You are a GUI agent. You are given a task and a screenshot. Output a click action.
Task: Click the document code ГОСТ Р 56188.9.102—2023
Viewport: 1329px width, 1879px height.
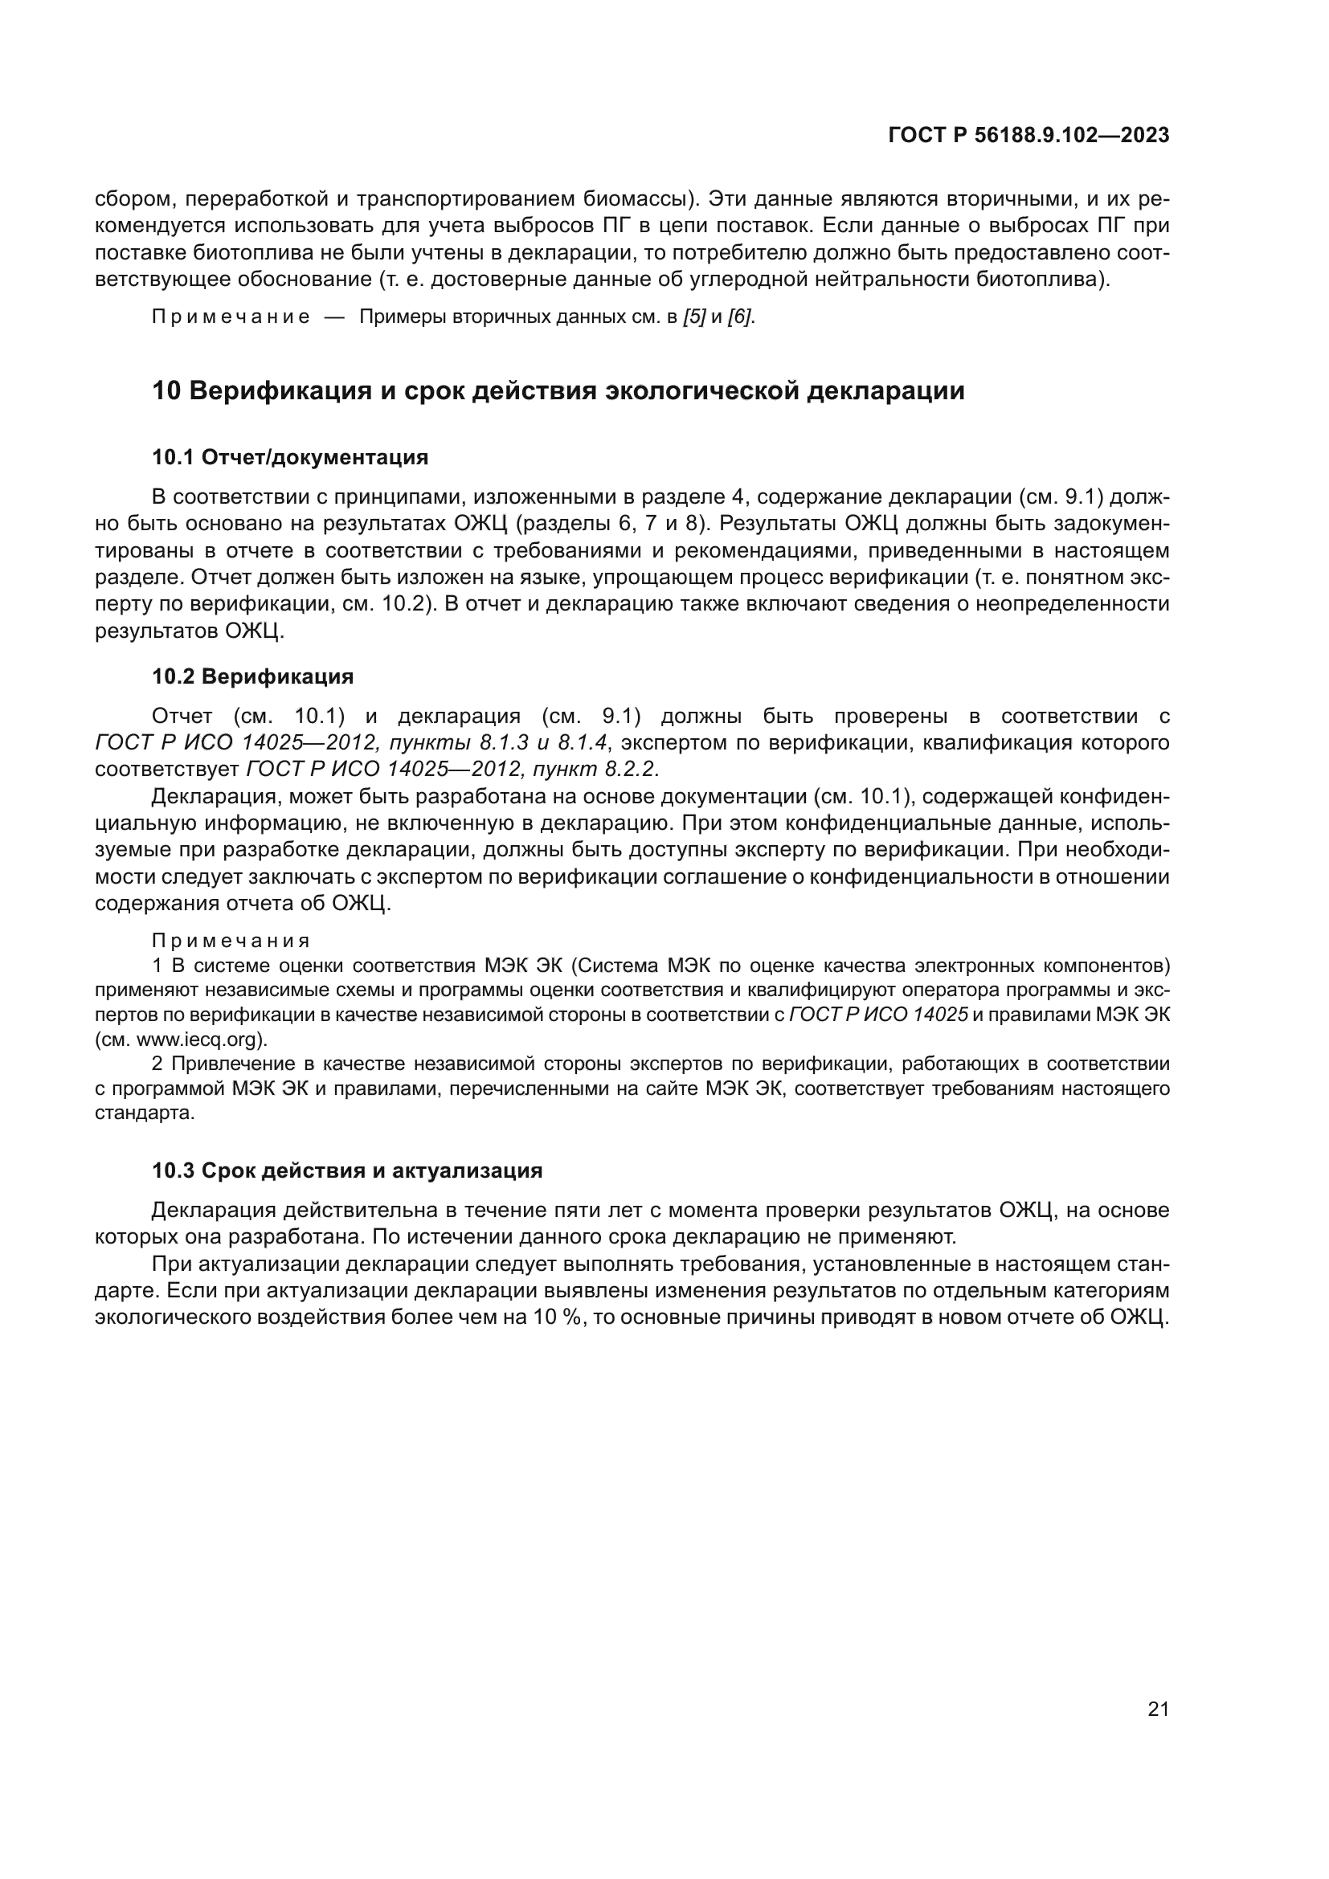tap(1028, 136)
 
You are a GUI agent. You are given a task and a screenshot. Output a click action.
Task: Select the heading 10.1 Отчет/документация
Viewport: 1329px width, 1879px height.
tap(290, 457)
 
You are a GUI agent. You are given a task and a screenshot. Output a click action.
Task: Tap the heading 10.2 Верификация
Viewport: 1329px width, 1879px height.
tap(252, 676)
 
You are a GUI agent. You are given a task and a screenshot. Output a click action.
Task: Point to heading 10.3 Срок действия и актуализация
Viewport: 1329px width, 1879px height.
tap(347, 1170)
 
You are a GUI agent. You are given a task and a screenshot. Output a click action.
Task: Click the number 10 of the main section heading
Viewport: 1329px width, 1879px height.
tap(166, 391)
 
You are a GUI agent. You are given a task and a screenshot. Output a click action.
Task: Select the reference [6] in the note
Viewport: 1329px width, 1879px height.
tap(740, 317)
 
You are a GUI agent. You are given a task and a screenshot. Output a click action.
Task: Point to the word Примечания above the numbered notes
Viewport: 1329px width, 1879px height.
tap(231, 942)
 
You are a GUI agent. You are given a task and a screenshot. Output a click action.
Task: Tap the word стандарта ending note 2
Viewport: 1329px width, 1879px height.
tap(145, 1113)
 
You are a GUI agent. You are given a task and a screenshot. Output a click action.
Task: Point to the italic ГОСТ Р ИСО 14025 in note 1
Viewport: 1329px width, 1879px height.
tap(878, 1015)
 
